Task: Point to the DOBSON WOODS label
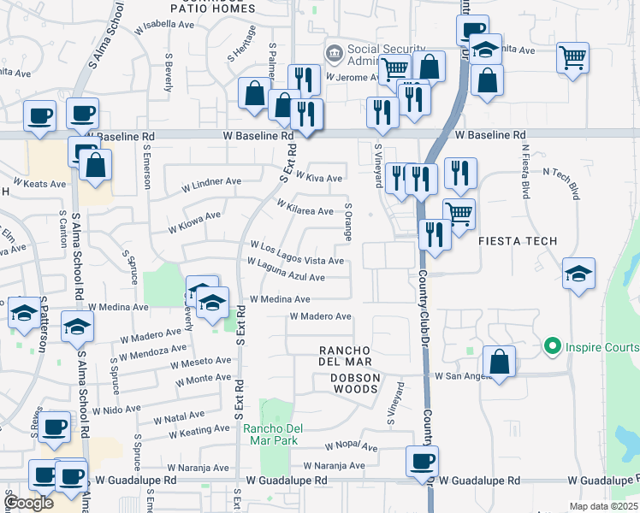349,389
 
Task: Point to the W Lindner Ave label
213,182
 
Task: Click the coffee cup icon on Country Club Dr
422,462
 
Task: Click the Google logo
29,503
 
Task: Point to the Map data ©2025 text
603,506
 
